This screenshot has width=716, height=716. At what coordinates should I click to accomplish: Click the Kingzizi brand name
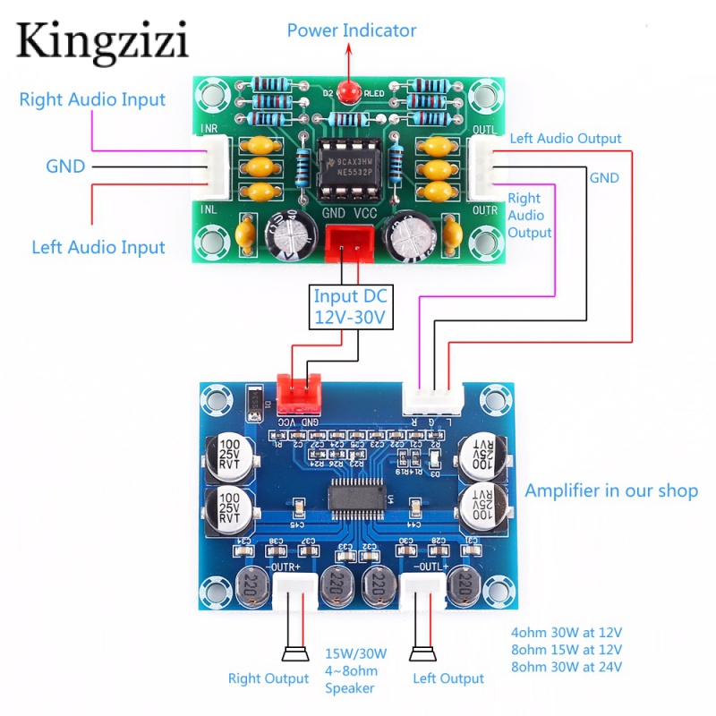point(101,41)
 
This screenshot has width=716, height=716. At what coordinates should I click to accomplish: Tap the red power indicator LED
point(351,90)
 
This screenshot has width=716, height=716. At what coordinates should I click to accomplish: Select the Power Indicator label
point(351,30)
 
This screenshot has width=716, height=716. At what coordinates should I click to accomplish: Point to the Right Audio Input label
point(92,99)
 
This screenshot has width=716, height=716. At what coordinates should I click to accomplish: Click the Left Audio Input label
point(98,247)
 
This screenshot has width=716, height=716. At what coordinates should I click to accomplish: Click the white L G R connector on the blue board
point(433,395)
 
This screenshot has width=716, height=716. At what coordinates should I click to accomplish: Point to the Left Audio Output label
point(565,139)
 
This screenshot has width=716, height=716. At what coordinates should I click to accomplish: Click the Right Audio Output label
point(529,215)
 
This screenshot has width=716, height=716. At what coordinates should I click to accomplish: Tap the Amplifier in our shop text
point(611,490)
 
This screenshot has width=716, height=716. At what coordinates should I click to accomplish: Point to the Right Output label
point(268,678)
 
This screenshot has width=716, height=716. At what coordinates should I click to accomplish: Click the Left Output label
point(448,678)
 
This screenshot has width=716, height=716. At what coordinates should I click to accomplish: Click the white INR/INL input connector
point(213,170)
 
